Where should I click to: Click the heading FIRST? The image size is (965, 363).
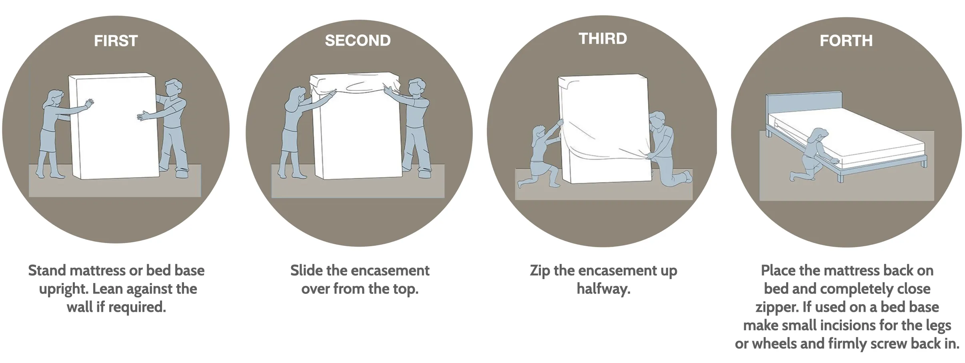click(116, 41)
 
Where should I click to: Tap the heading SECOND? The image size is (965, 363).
click(358, 40)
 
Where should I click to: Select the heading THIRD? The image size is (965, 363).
click(603, 38)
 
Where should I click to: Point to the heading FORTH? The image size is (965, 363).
click(846, 41)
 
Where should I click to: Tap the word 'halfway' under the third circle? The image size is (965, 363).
click(603, 289)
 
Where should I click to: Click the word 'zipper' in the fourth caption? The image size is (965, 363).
click(777, 307)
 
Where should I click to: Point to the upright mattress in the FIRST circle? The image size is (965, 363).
click(112, 126)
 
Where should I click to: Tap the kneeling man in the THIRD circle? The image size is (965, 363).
click(666, 150)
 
